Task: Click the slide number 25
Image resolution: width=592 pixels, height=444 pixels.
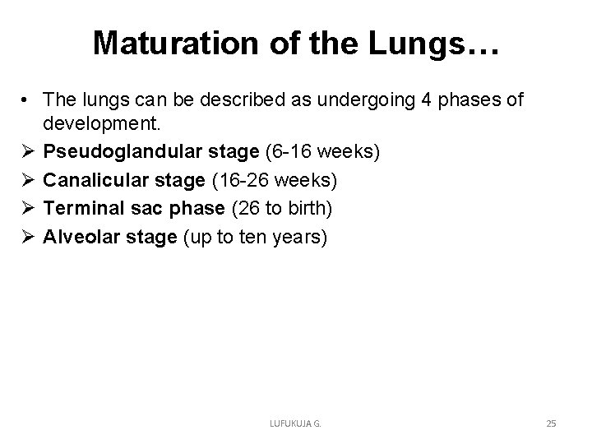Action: pos(551,423)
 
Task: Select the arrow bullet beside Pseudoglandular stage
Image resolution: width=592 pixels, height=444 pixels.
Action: pos(27,151)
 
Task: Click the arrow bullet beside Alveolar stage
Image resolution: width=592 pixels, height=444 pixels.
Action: pos(27,238)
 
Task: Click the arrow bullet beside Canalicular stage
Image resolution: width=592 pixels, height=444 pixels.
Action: pos(27,180)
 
